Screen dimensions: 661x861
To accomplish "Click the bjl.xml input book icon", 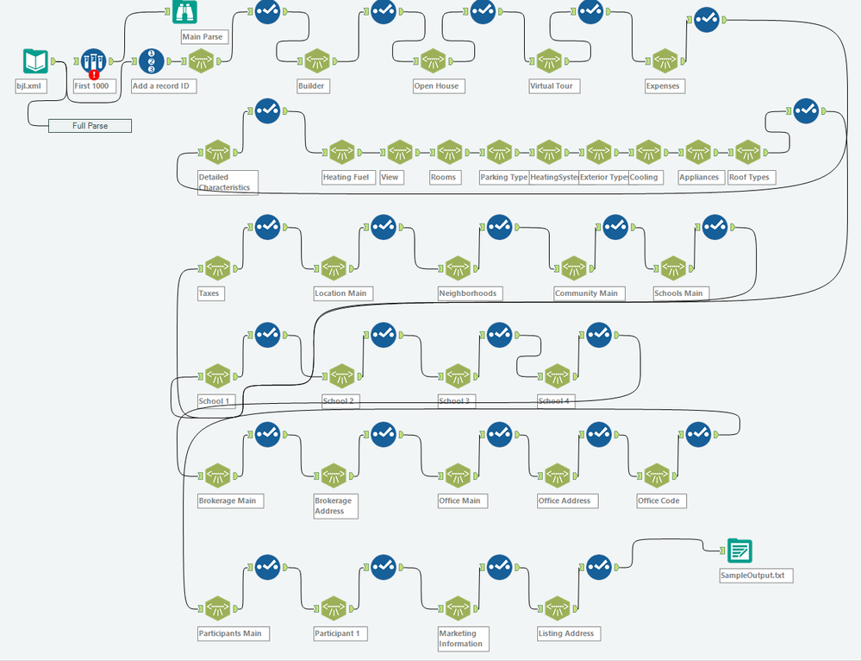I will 34,61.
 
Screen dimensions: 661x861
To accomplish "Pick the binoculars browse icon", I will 184,12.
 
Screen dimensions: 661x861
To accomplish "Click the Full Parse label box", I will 90,126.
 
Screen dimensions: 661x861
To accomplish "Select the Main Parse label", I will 203,37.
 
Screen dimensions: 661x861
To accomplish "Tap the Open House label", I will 436,86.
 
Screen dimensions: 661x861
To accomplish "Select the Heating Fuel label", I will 346,178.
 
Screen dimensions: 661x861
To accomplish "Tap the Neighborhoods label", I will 468,293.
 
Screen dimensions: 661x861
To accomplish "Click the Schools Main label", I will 678,293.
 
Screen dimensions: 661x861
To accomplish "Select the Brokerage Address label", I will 334,506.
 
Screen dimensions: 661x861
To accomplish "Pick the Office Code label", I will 658,500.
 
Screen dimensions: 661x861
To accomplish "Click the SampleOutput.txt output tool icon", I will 739,551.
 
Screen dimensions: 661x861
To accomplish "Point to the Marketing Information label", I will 461,639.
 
